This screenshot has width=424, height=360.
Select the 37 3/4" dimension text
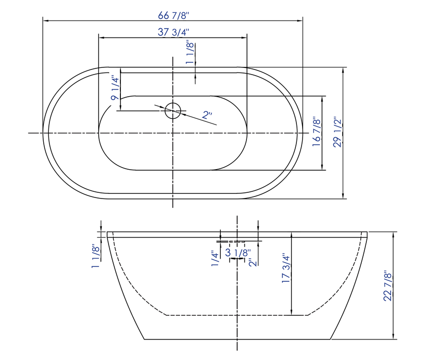[173, 32]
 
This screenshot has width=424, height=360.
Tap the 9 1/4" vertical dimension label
[115, 88]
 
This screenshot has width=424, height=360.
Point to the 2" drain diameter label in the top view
[207, 115]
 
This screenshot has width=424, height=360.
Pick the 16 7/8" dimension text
[317, 132]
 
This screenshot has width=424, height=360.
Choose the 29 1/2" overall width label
[339, 132]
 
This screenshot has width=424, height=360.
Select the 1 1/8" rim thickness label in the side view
[95, 256]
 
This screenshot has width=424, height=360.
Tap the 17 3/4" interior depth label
[286, 268]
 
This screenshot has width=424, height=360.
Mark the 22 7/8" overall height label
[388, 285]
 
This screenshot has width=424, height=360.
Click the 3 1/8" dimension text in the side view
[237, 253]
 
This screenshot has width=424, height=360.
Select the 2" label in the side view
[252, 262]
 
